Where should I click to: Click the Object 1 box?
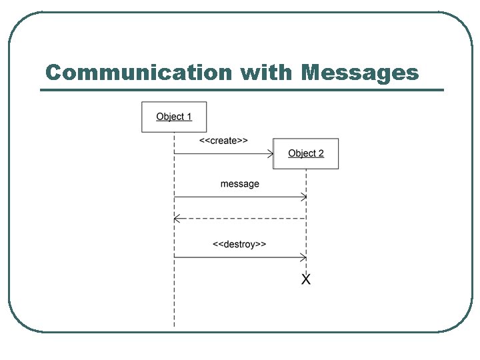tap(174, 117)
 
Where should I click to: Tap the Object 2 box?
tap(306, 153)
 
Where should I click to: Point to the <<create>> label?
tap(223, 141)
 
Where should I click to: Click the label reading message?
tap(240, 183)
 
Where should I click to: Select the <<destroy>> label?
tap(239, 244)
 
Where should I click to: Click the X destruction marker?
tap(306, 279)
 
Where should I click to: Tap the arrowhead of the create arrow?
tap(271, 154)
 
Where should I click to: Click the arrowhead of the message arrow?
tap(303, 197)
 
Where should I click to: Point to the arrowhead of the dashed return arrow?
tap(177, 218)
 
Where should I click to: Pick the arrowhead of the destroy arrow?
tap(303, 257)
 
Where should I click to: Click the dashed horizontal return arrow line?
tap(240, 218)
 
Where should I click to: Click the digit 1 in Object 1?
tap(189, 117)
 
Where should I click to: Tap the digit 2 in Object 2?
tap(321, 153)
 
